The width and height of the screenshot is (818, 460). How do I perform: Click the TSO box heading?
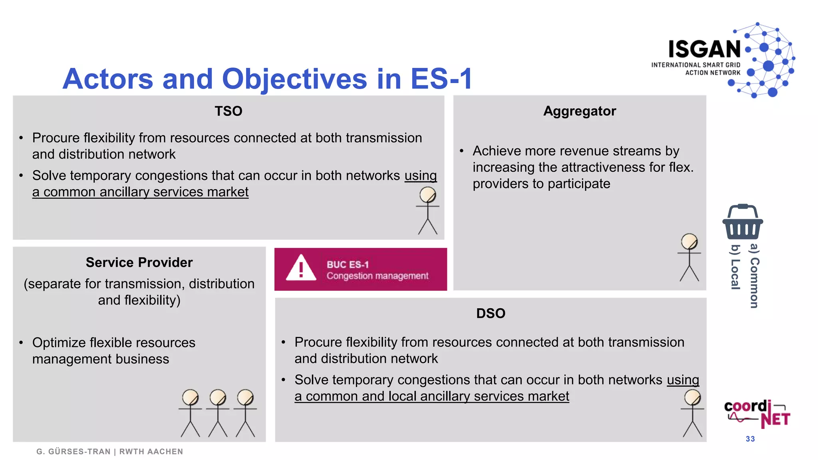[x=228, y=111]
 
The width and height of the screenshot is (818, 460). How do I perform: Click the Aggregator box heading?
[x=580, y=111]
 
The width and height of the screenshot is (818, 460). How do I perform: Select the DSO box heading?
[x=490, y=313]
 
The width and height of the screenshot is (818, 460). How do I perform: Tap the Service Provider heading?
[x=139, y=262]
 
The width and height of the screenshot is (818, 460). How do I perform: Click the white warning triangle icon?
[x=301, y=268]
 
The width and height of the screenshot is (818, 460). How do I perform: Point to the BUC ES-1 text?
[x=347, y=264]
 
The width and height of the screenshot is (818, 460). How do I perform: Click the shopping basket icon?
[x=743, y=222]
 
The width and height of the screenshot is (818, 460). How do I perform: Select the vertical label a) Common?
[x=754, y=276]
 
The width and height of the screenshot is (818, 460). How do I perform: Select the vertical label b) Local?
[x=735, y=267]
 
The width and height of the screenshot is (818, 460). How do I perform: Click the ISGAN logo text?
[x=705, y=50]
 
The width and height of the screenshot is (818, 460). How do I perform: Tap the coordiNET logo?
[x=757, y=414]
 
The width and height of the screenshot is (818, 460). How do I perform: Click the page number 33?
[x=750, y=439]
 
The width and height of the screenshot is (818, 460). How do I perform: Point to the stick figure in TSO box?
[x=427, y=211]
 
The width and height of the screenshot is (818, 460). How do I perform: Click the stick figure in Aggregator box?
[x=689, y=258]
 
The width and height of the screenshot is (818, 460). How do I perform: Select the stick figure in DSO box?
[x=692, y=413]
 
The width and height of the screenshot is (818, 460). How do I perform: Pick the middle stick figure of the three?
[x=218, y=413]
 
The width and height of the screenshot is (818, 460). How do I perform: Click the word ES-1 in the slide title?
[x=441, y=79]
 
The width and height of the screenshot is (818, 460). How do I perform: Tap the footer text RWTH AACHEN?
[x=151, y=452]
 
